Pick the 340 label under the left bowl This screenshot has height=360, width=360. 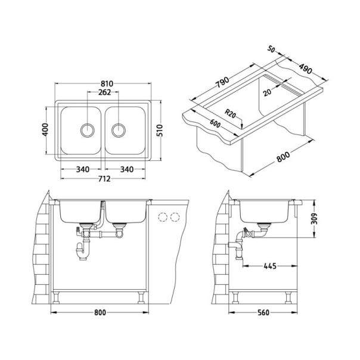(x=83, y=169)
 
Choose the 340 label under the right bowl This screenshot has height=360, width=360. (x=127, y=169)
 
